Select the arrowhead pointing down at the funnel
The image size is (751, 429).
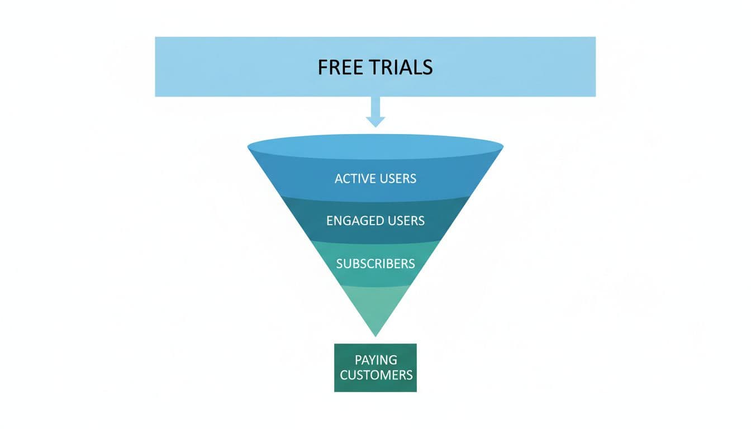[375, 121]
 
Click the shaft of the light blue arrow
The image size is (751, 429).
[375, 106]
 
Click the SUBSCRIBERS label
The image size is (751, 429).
[375, 263]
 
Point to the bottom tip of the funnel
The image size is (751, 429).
[375, 333]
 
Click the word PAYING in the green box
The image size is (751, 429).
[375, 360]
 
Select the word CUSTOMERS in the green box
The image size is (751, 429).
[375, 375]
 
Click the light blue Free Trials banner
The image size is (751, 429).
[224, 67]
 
